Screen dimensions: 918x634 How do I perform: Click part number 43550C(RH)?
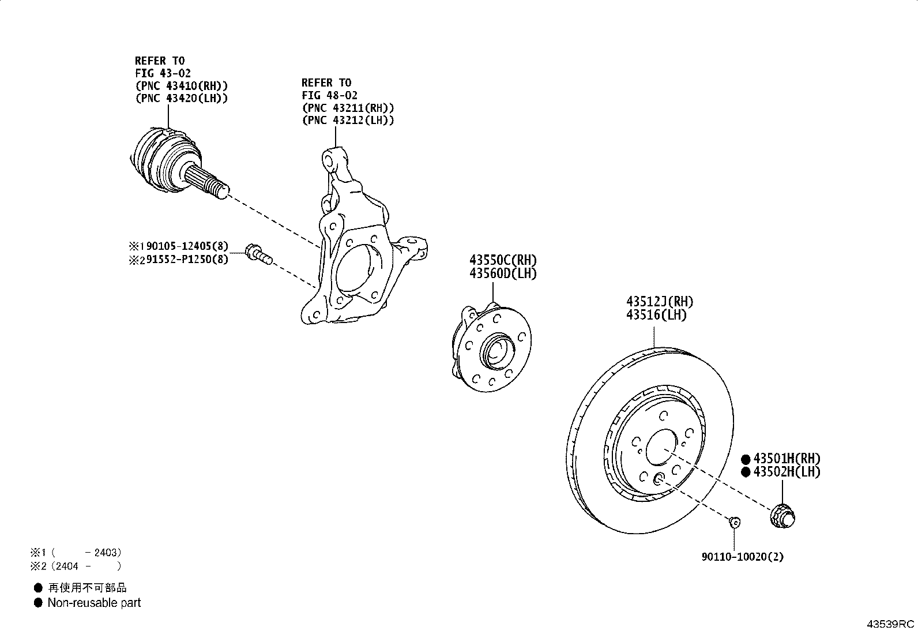503,260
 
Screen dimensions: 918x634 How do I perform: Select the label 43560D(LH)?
503,273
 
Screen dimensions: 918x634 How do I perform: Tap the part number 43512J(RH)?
660,302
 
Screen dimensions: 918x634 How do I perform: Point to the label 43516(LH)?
656,315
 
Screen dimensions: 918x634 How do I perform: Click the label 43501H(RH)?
787,459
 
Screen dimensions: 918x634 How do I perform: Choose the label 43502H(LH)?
787,472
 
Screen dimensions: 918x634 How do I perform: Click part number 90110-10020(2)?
742,557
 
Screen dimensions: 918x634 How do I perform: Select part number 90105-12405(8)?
187,246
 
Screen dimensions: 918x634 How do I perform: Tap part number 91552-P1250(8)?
187,259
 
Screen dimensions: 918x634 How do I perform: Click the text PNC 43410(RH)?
182,86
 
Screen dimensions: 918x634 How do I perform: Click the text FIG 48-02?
329,96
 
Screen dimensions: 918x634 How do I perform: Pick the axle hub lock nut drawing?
782,516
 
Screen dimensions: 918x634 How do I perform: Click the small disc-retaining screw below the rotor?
735,523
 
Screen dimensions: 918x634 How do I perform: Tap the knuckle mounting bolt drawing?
258,254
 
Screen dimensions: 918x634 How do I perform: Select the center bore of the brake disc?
661,448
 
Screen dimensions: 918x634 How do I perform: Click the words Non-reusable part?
94,603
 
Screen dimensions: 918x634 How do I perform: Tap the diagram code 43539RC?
890,624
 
